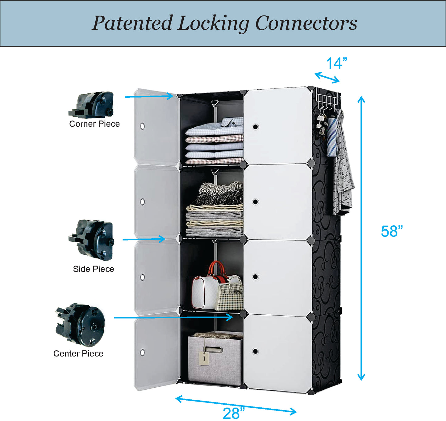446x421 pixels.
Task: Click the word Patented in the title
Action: click(132, 23)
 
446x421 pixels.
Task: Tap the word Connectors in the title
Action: click(306, 23)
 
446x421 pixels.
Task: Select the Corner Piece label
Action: click(94, 124)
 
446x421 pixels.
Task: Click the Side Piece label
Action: click(93, 269)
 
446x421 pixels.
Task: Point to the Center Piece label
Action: click(78, 354)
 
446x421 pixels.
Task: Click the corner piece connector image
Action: click(92, 105)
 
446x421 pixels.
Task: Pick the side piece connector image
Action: click(92, 240)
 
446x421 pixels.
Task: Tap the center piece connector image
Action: click(81, 325)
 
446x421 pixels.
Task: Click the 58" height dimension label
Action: click(391, 232)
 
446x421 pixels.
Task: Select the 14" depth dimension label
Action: click(336, 64)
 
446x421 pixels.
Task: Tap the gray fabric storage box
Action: click(215, 359)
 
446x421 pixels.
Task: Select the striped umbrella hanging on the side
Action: click(332, 136)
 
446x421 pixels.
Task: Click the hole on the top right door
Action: click(255, 127)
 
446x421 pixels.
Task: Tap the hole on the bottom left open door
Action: click(142, 352)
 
